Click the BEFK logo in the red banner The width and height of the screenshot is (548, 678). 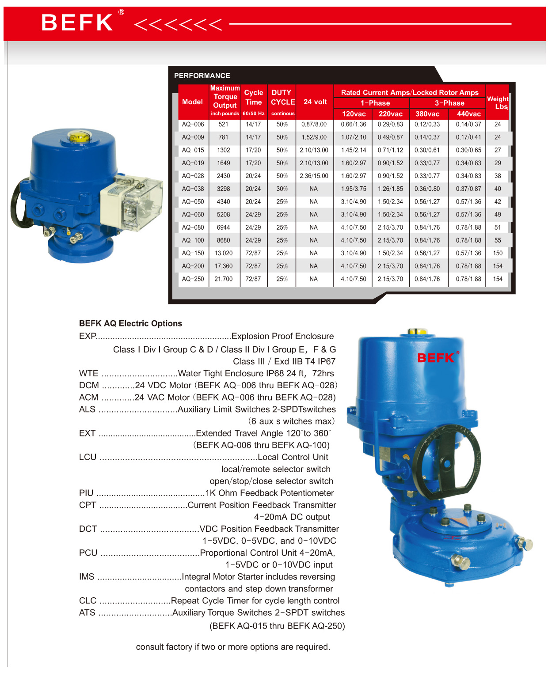[x=78, y=23]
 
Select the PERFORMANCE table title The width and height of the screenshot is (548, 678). [x=202, y=76]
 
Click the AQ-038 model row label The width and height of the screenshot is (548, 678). [x=193, y=189]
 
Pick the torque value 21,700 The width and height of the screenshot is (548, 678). [x=224, y=279]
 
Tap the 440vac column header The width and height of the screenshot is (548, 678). [x=468, y=114]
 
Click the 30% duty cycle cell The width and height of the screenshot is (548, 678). [x=282, y=189]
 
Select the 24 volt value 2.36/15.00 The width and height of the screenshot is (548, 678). [x=314, y=176]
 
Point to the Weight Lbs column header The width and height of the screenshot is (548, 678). [x=498, y=102]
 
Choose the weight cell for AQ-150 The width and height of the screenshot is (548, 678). [x=498, y=253]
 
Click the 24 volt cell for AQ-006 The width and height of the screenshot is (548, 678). [x=314, y=125]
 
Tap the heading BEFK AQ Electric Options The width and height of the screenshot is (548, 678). [x=130, y=323]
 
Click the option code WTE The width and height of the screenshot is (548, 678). [x=88, y=374]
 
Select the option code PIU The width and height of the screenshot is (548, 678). [x=86, y=493]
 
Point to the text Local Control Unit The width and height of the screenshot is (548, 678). [x=293, y=457]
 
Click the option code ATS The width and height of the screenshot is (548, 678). [x=87, y=613]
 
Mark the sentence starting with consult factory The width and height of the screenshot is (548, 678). [x=233, y=647]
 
